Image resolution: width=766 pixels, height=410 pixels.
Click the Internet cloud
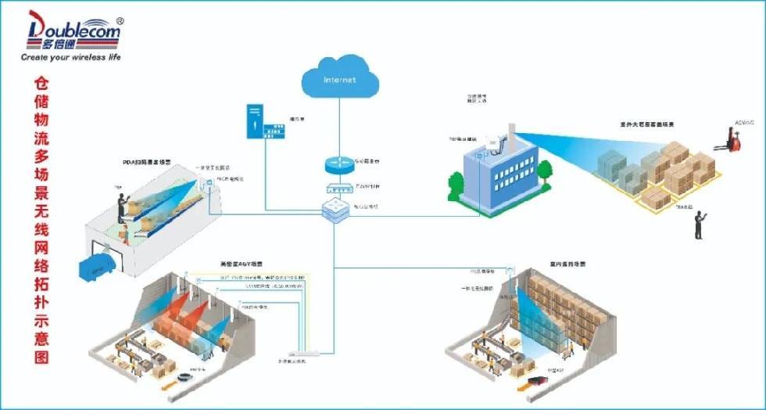[339, 79]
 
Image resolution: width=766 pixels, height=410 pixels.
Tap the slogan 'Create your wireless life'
[70, 57]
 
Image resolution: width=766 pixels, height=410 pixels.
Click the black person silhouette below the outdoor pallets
[699, 225]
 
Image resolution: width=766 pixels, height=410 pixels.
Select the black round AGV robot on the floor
[185, 377]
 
